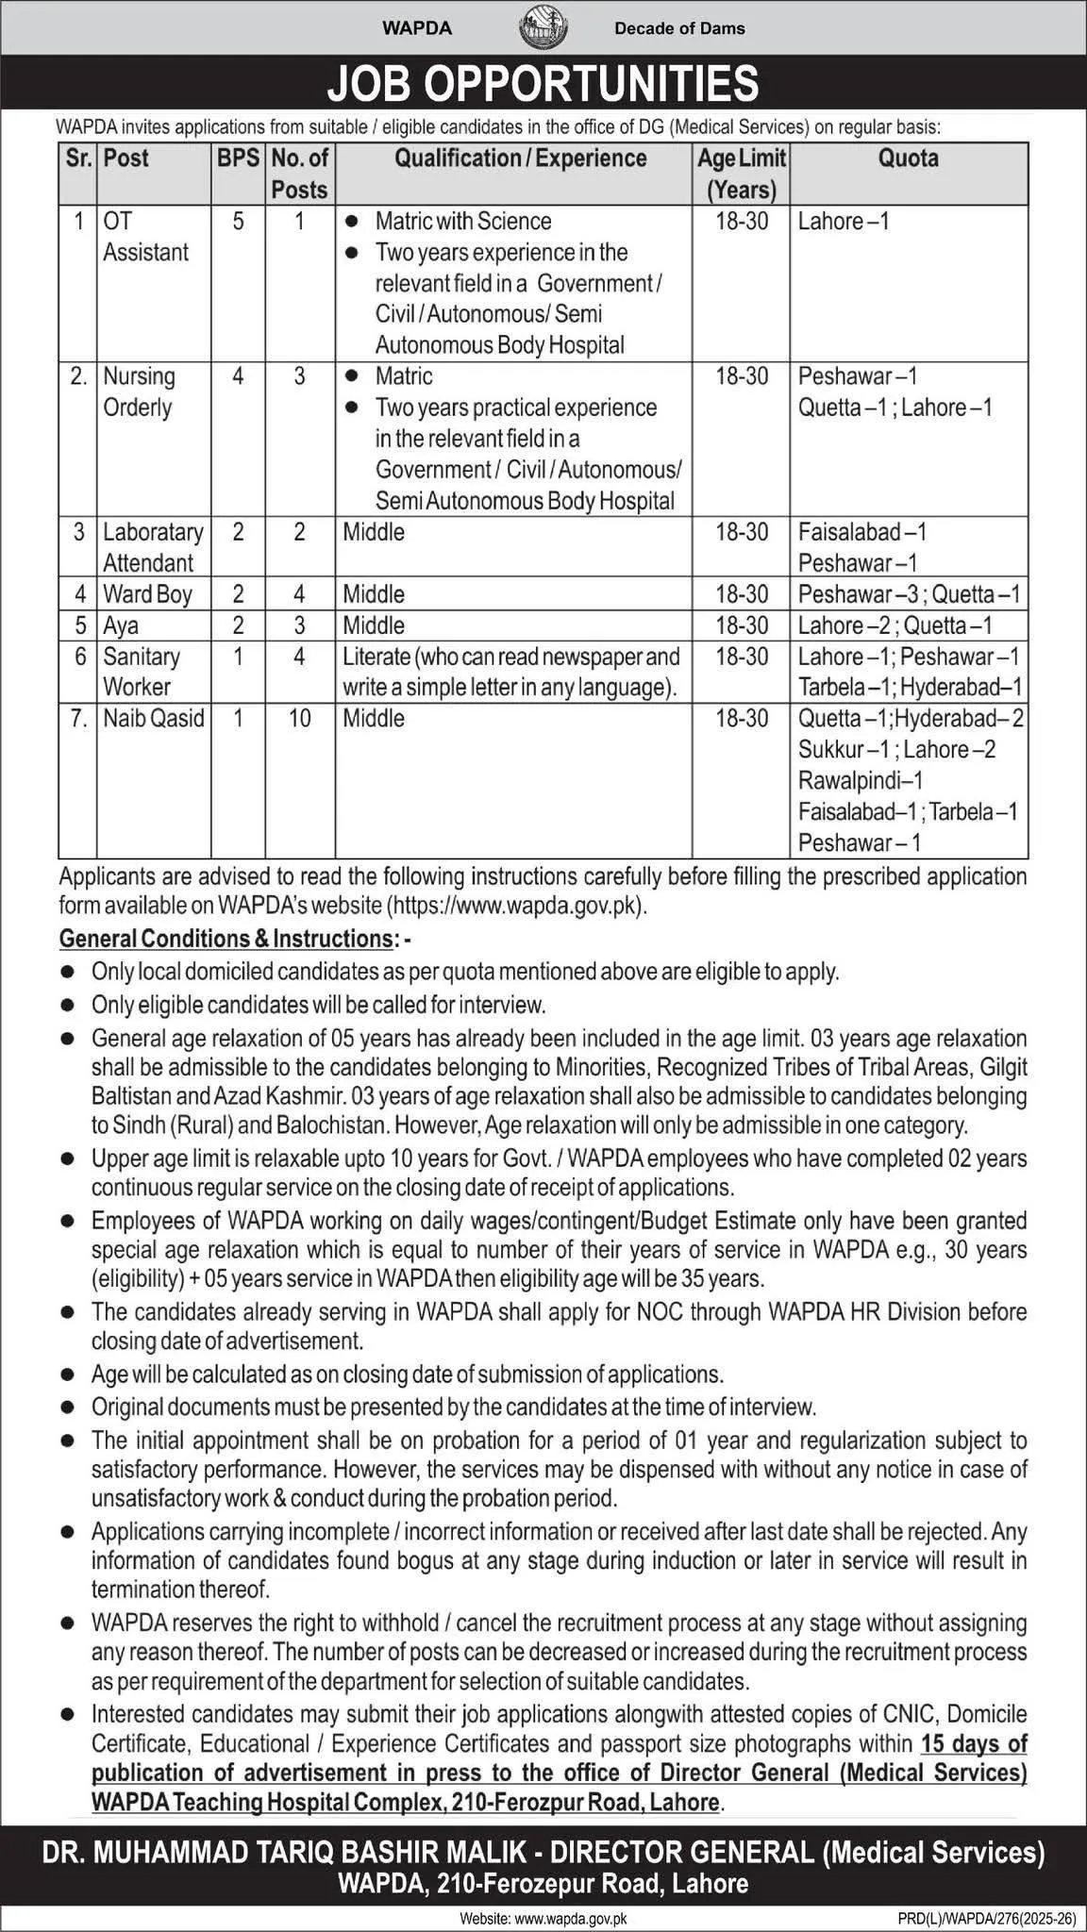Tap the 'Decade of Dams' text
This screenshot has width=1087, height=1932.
pyautogui.click(x=679, y=28)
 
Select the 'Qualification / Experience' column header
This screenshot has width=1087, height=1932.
pyautogui.click(x=521, y=158)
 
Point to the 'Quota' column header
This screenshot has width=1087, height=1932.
pyautogui.click(x=908, y=158)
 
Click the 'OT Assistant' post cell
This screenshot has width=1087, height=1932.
pyautogui.click(x=145, y=237)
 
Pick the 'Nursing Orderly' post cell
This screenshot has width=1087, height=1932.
pyautogui.click(x=139, y=392)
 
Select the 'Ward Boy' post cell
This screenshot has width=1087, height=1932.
pyautogui.click(x=147, y=594)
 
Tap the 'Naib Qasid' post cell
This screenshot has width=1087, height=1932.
pyautogui.click(x=153, y=719)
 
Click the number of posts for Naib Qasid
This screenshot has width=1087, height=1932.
pyautogui.click(x=299, y=719)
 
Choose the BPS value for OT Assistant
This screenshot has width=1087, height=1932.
pyautogui.click(x=238, y=222)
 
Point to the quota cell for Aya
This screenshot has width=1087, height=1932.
pyautogui.click(x=895, y=625)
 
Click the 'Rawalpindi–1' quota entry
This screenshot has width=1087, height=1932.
pyautogui.click(x=861, y=781)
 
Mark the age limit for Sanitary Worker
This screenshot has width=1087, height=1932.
pyautogui.click(x=742, y=657)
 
